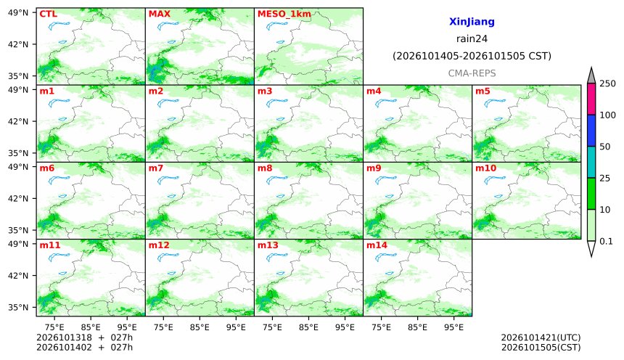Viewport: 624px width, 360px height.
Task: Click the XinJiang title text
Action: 472,22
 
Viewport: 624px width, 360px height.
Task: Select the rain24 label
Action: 472,38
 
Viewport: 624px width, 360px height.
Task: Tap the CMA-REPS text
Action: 472,73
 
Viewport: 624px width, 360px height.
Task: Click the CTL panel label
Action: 48,14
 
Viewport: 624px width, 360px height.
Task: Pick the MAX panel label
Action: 159,14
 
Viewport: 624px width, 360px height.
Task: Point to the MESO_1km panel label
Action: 284,14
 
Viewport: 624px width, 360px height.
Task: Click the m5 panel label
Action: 483,91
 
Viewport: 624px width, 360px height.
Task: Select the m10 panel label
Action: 486,168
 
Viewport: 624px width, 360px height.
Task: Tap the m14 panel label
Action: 377,245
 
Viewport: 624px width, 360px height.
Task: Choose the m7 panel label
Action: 156,168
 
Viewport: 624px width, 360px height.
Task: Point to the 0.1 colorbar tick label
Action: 606,241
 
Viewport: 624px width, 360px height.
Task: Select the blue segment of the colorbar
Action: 591,131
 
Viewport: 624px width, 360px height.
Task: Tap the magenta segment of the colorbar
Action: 591,99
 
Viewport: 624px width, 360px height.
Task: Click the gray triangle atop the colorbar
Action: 591,76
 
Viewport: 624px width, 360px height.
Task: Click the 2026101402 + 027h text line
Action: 84,347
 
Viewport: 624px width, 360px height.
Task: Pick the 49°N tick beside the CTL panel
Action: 18,12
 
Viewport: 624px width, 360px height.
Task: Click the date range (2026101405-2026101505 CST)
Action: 472,56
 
